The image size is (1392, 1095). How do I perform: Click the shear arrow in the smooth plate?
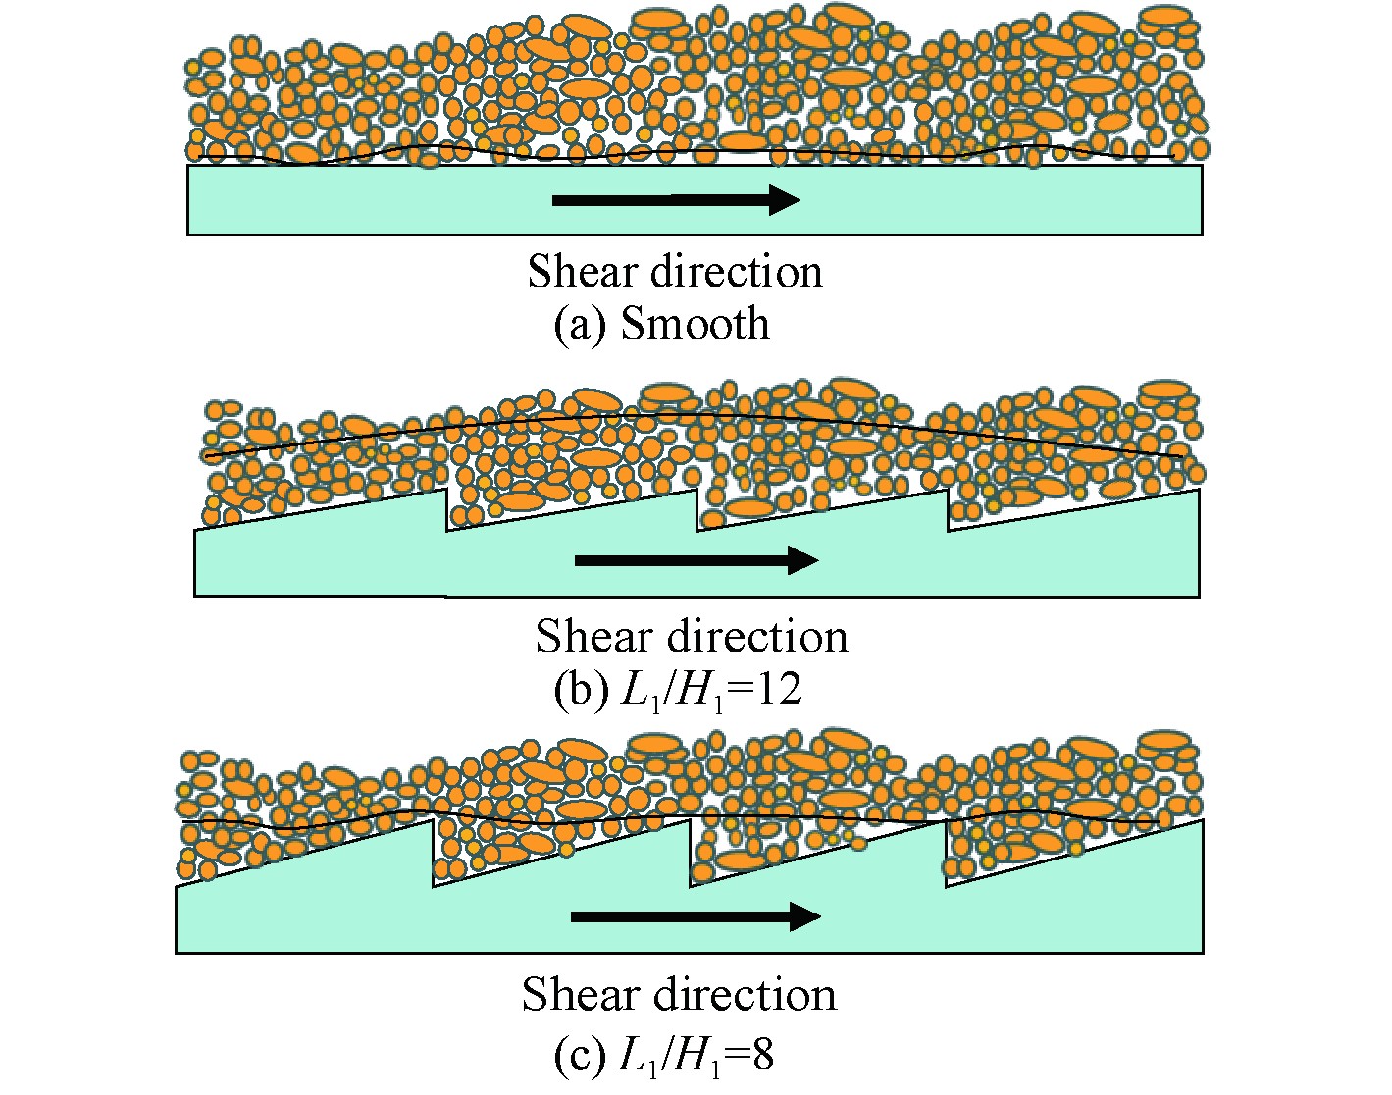pyautogui.click(x=676, y=199)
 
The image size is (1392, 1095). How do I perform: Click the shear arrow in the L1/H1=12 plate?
pyautogui.click(x=696, y=560)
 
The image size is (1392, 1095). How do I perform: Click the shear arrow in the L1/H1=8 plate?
pyautogui.click(x=695, y=916)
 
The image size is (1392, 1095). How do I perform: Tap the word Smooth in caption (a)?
pyautogui.click(x=695, y=324)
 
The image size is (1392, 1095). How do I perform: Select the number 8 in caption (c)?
pyautogui.click(x=762, y=1056)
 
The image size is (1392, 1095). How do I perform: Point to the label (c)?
pyautogui.click(x=578, y=1056)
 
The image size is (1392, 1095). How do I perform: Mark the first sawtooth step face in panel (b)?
pyautogui.click(x=446, y=509)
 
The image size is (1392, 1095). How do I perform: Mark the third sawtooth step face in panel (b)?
pyautogui.click(x=948, y=509)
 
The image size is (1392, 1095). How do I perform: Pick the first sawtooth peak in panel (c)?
pyautogui.click(x=432, y=821)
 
